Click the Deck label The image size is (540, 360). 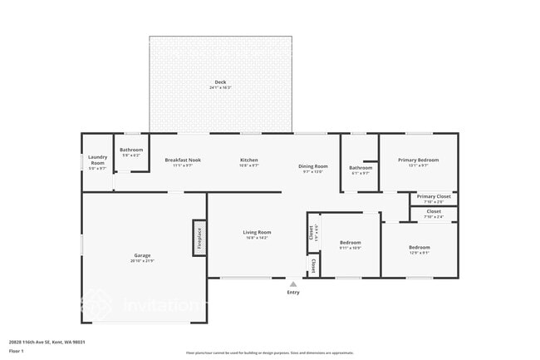point(220,81)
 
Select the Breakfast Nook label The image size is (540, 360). point(184,160)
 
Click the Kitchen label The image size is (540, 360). point(249,160)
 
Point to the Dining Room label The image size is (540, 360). point(313,166)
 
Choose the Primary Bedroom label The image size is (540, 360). point(418,160)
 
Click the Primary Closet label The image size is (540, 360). point(433,196)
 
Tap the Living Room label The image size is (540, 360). point(257,232)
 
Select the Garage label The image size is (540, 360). point(142,255)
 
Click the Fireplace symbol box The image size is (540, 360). point(199,239)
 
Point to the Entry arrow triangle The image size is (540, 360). point(293,284)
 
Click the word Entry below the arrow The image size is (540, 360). point(293,293)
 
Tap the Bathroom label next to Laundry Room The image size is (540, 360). point(131,150)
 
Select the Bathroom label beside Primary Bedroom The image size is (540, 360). point(361,167)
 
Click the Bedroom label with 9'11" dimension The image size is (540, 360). point(350,243)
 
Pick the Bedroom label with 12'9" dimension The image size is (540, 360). point(419,247)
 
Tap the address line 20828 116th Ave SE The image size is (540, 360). point(47,342)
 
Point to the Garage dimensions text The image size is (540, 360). point(142,261)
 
